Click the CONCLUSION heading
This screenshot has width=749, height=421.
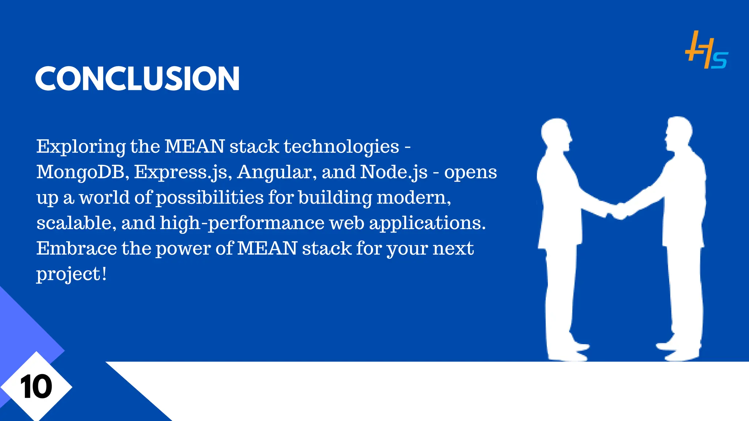pyautogui.click(x=137, y=79)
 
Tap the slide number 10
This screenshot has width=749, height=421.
pyautogui.click(x=36, y=387)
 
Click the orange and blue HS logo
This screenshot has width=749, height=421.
pyautogui.click(x=706, y=50)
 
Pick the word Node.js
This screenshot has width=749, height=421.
pyautogui.click(x=394, y=172)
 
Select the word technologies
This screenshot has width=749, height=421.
pyautogui.click(x=341, y=147)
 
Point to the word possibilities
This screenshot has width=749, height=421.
pyautogui.click(x=210, y=198)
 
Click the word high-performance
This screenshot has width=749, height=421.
pyautogui.click(x=242, y=223)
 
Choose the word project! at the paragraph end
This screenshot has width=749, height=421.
pyautogui.click(x=71, y=274)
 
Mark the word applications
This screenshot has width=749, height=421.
pyautogui.click(x=427, y=223)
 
